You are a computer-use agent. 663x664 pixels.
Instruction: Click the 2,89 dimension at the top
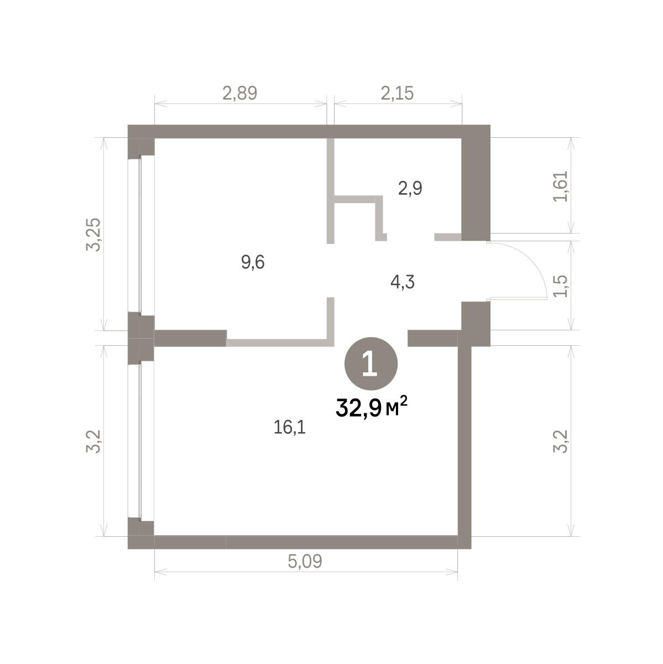240,93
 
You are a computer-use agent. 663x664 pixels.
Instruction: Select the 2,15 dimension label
397,93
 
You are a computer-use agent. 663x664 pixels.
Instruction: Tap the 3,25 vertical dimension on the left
93,235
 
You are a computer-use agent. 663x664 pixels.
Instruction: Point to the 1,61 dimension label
560,186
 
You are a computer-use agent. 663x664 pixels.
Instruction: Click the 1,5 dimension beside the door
560,286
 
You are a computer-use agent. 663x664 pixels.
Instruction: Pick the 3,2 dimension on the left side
93,442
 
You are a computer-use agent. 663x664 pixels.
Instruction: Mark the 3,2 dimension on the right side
560,442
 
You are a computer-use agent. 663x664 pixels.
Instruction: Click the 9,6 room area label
253,263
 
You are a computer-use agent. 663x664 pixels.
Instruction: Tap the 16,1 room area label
290,428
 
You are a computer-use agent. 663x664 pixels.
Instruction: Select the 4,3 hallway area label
402,282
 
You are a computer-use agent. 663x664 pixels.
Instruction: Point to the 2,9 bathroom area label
410,189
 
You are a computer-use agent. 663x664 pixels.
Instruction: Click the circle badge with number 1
371,364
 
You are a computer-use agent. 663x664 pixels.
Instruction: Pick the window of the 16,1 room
140,442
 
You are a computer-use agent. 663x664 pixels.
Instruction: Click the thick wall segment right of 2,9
476,183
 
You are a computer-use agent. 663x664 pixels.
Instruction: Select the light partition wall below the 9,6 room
280,343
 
